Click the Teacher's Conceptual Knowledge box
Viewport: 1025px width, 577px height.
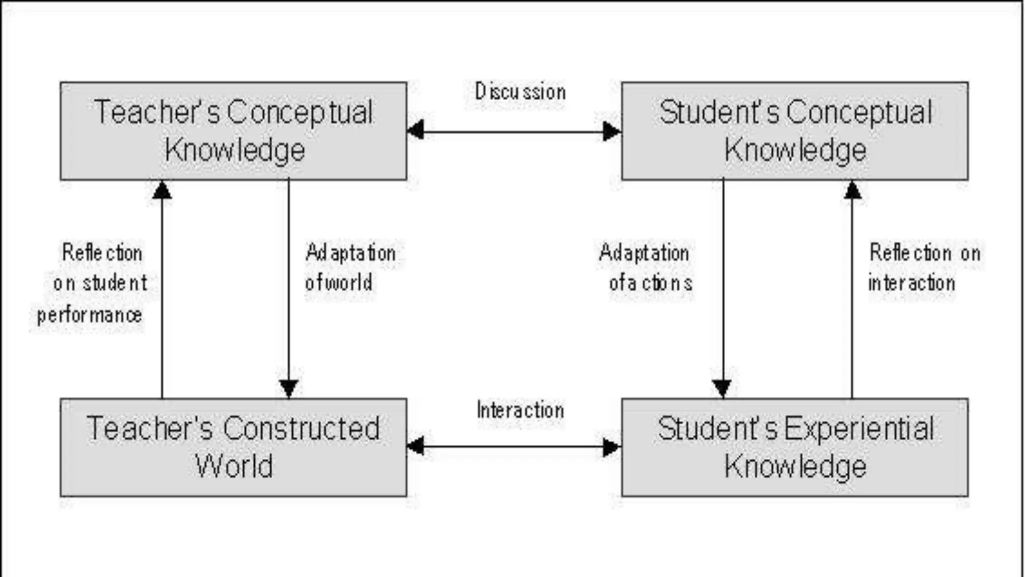click(x=233, y=131)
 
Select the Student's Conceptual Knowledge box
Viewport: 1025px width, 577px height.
click(x=795, y=131)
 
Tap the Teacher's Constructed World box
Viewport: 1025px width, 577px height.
click(x=233, y=447)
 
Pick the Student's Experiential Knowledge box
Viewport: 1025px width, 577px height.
click(x=795, y=447)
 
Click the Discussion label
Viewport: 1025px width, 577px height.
click(x=521, y=92)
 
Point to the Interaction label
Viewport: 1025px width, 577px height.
click(x=521, y=410)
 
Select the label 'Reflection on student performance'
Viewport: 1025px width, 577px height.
click(x=95, y=283)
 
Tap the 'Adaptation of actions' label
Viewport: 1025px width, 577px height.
click(x=646, y=267)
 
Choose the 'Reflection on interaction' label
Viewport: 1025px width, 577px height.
click(x=923, y=267)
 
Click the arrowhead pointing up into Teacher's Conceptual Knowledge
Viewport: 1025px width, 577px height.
click(x=162, y=190)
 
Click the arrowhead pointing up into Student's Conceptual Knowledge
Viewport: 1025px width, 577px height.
click(x=852, y=190)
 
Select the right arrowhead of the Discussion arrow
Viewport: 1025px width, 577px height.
click(x=612, y=131)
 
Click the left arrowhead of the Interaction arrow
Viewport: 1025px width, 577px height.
click(x=416, y=446)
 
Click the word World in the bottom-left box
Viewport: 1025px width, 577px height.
click(x=234, y=466)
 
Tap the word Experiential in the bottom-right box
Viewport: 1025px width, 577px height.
click(x=858, y=429)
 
